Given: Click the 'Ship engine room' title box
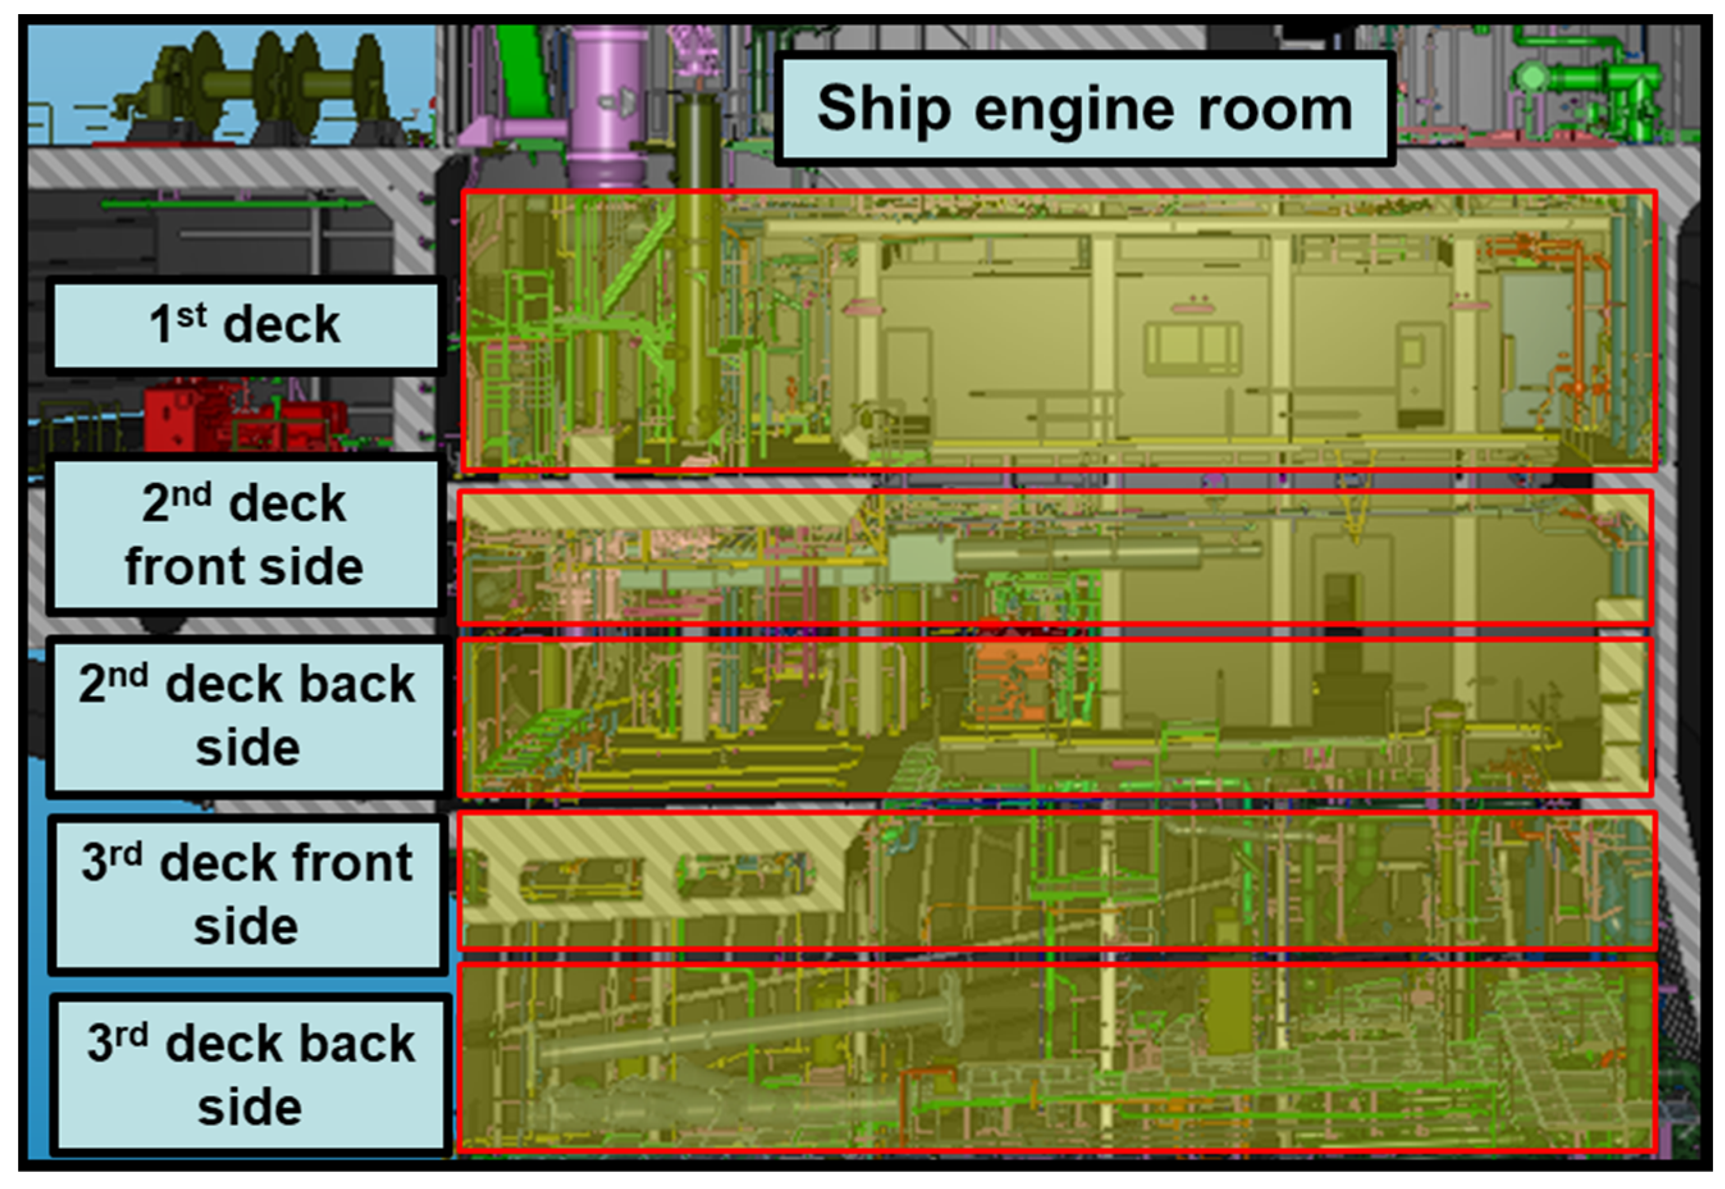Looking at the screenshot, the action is click(x=1084, y=109).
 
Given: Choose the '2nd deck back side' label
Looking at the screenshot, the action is click(x=246, y=716).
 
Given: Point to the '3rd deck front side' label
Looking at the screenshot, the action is click(x=246, y=895).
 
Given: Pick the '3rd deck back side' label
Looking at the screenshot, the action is click(x=250, y=1075).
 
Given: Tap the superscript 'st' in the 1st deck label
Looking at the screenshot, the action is click(x=191, y=315).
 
